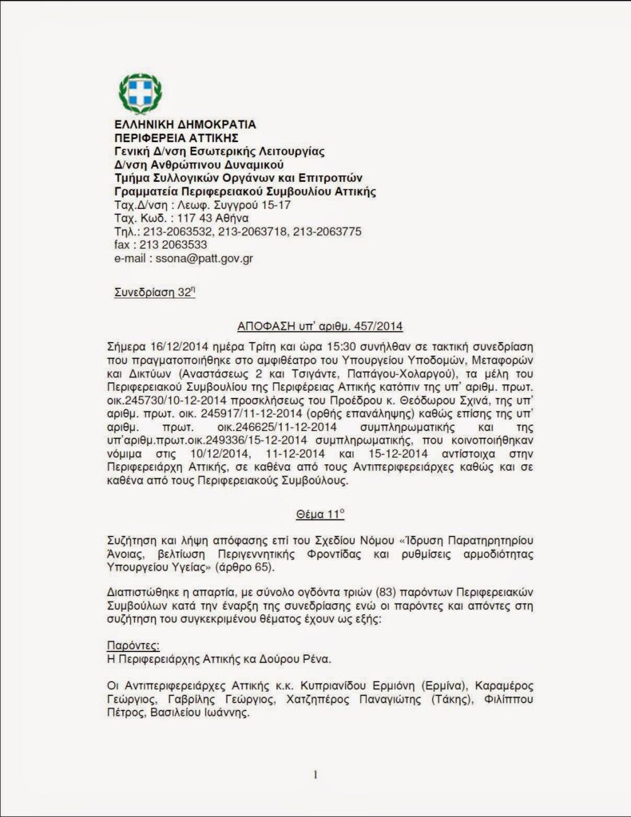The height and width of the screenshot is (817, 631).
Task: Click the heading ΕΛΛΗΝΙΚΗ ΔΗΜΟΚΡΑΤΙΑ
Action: point(185,125)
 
